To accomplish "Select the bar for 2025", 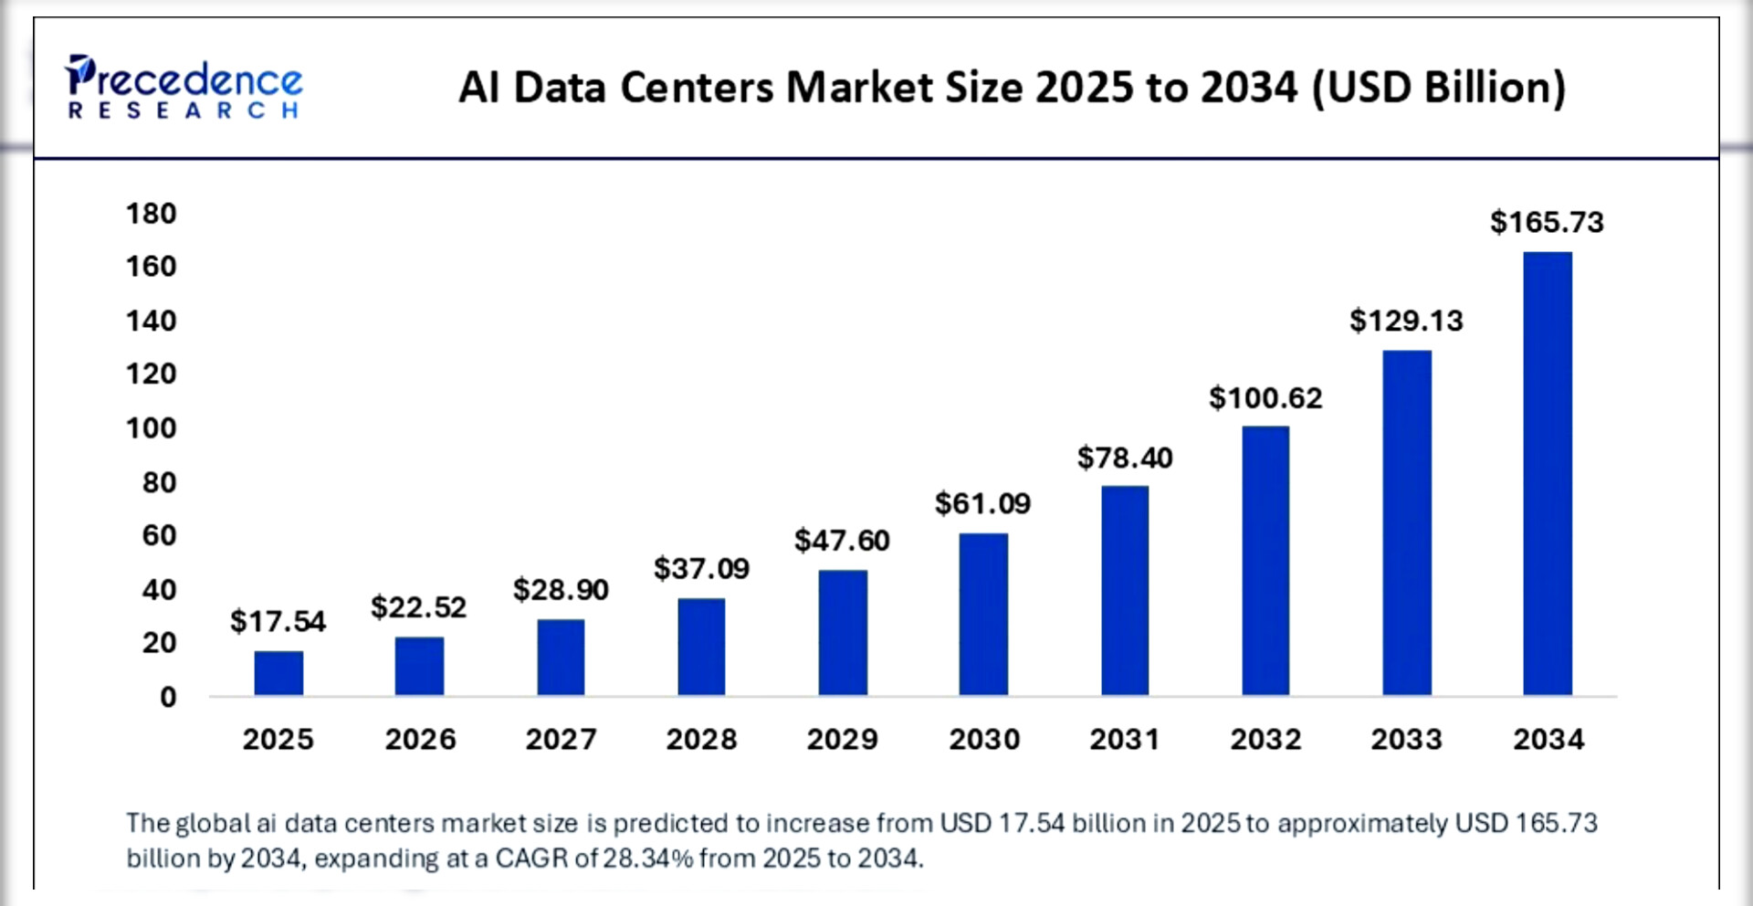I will [278, 673].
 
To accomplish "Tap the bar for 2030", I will [983, 614].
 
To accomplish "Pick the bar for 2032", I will [1265, 561].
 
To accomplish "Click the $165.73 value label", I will [1547, 222].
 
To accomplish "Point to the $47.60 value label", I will [842, 540].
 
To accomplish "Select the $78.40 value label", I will [1125, 457].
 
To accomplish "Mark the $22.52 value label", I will [418, 606].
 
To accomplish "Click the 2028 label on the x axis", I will [701, 739].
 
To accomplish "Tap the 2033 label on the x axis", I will [1406, 739].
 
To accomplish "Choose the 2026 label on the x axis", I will [420, 739].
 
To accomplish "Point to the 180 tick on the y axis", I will [152, 214].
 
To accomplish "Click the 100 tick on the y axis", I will [152, 427].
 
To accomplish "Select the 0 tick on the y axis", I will [168, 697].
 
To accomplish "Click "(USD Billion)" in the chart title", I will [1439, 88].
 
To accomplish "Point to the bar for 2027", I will [561, 658].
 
